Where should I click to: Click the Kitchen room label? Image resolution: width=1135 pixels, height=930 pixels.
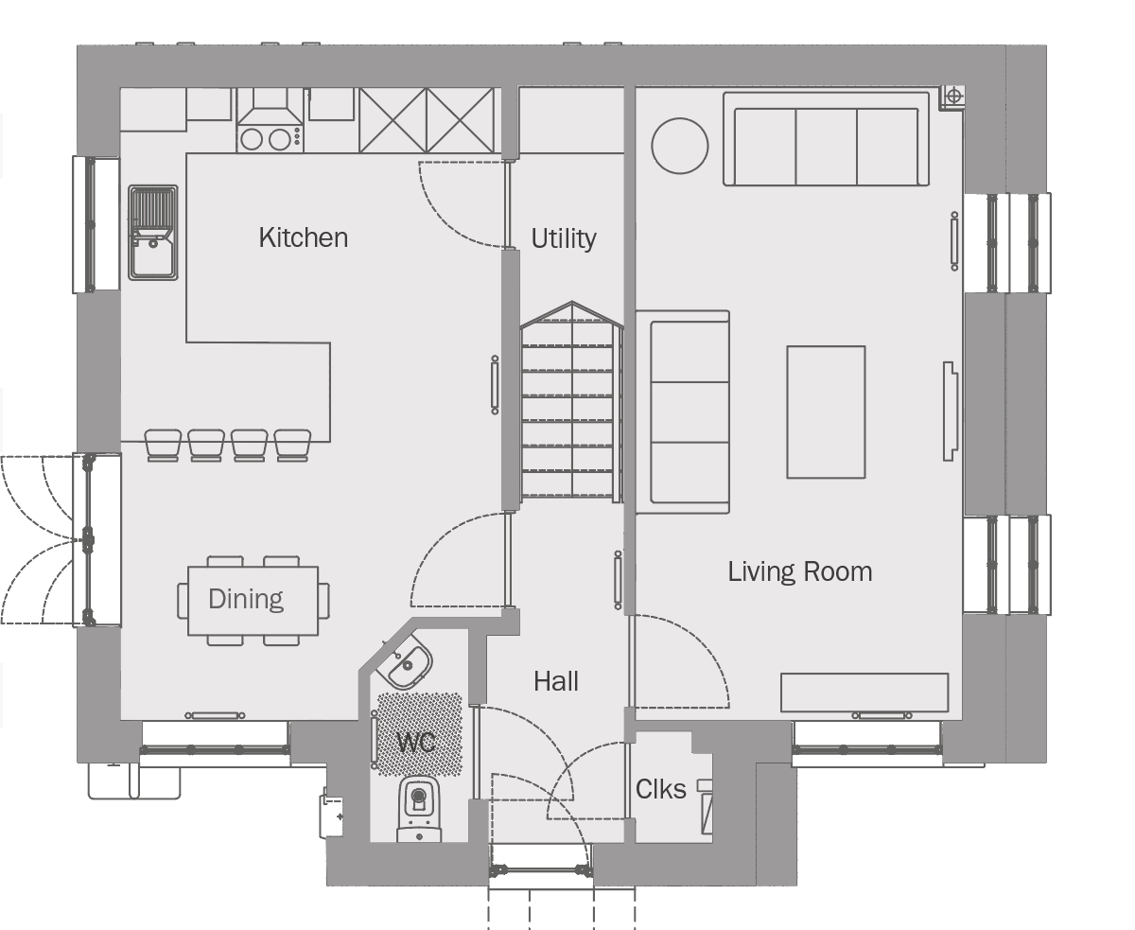coord(303,237)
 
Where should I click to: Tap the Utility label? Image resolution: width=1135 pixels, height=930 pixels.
coord(564,238)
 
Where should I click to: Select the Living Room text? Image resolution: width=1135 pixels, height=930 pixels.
coord(800,571)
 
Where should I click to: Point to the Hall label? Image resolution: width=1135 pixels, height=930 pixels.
coord(556,681)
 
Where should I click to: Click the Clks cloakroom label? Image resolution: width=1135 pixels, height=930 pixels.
coord(660,790)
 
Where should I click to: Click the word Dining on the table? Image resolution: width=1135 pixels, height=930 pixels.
coord(245,599)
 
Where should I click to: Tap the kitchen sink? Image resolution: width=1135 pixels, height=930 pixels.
coord(153,233)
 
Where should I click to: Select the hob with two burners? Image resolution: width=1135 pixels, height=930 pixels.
coord(271,139)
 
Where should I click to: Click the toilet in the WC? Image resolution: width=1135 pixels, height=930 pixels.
coord(419,809)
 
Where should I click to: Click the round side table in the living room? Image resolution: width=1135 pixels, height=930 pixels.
coord(680,146)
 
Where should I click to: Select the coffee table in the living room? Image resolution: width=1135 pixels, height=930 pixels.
coord(826,412)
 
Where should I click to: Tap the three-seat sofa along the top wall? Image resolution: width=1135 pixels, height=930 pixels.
coord(826,139)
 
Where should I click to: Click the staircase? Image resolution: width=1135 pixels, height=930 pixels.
coord(571,401)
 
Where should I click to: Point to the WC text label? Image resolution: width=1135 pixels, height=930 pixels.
coord(416,743)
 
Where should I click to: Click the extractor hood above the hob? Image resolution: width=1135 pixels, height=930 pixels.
coord(271,108)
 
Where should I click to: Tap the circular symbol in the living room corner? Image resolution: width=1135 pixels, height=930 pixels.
coord(953,97)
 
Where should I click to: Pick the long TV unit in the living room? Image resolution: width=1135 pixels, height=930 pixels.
coord(864,693)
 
